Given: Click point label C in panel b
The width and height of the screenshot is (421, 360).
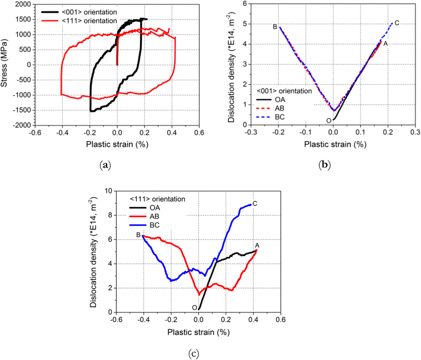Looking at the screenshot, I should pos(397,23).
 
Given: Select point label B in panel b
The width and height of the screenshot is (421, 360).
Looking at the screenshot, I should pos(275,26).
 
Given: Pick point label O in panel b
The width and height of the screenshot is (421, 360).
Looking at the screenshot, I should pos(328,121).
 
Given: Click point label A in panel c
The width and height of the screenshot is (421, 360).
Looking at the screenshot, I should pos(256,244).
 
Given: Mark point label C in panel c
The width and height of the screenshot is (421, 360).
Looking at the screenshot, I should pos(254,203).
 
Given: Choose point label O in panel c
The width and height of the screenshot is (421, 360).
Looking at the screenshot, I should pos(194,308).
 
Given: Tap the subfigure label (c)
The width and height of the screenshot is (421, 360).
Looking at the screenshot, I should pos(193,354).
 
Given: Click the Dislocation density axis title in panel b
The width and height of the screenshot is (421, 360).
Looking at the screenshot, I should pos(231,65).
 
